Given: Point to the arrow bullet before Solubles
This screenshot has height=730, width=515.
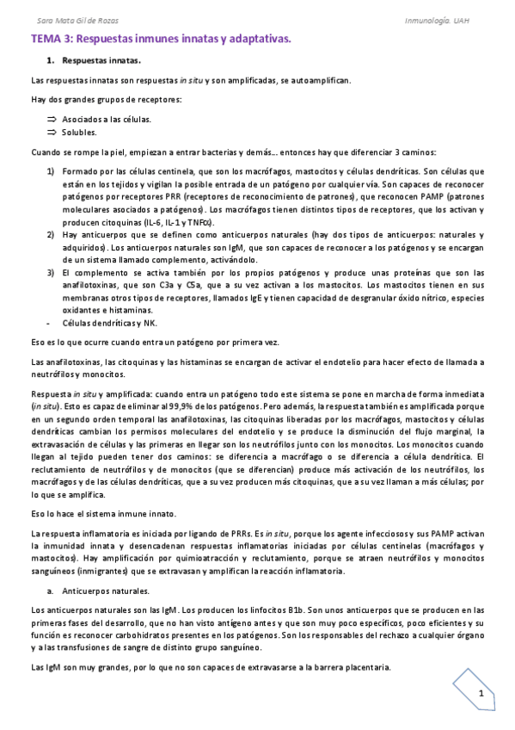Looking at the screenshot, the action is click(52, 132).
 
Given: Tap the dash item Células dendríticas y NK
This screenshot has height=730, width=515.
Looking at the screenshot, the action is click(110, 323).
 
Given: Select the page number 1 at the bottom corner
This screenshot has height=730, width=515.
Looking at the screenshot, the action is click(482, 695).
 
